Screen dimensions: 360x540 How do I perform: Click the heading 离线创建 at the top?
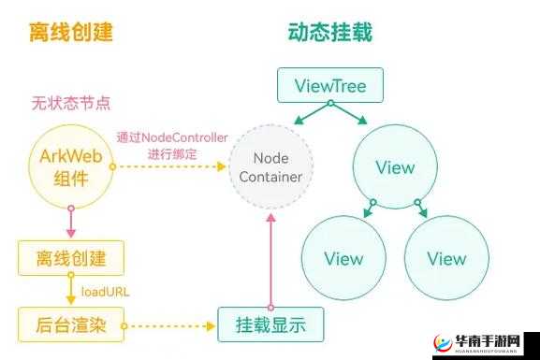(71, 32)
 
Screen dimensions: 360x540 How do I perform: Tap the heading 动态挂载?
(329, 32)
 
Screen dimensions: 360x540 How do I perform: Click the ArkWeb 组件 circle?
(71, 166)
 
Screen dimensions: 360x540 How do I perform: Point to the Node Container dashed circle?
(270, 166)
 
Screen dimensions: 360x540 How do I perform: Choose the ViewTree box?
(329, 87)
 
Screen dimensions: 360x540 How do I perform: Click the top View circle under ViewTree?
(394, 167)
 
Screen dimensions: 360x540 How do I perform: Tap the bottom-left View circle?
(343, 258)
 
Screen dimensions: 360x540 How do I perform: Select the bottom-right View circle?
(446, 258)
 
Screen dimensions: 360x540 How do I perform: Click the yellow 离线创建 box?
(71, 257)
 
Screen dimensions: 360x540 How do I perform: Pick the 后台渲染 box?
(71, 325)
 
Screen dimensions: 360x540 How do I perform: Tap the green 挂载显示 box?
(270, 325)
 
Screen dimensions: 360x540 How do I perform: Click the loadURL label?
(105, 291)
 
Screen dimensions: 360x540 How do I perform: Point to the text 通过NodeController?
(172, 137)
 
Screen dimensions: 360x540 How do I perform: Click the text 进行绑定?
(172, 153)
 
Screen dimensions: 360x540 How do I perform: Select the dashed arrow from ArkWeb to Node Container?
(172, 166)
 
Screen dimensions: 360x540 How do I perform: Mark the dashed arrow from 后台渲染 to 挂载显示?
(170, 326)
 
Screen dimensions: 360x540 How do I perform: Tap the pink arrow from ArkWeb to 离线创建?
(71, 223)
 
